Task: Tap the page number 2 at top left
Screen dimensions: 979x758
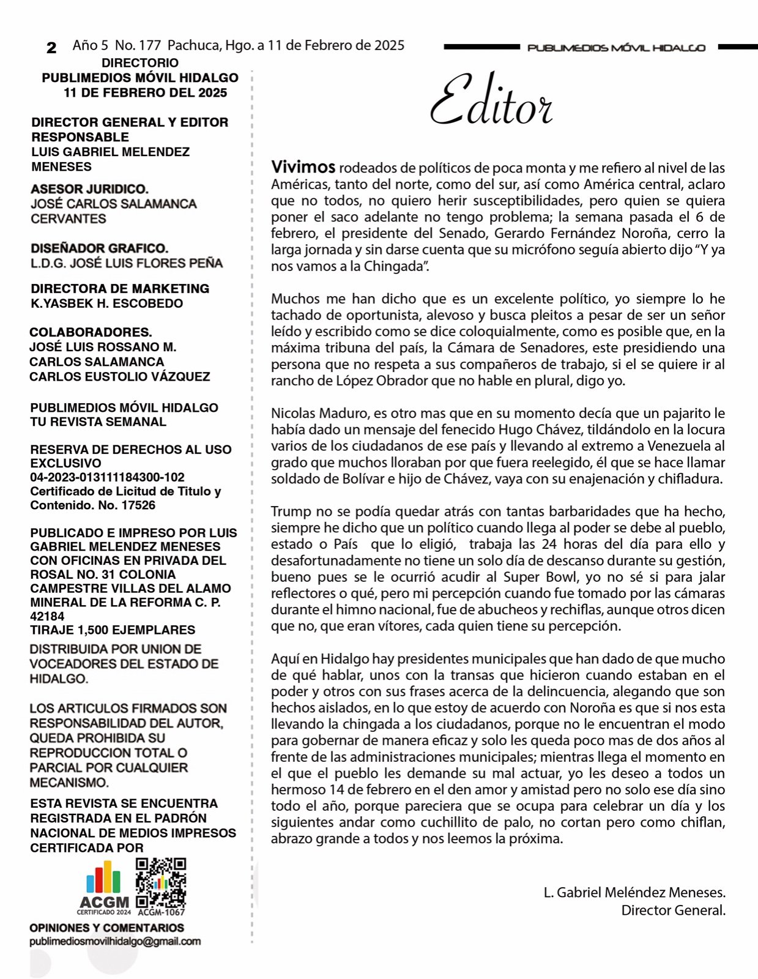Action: tap(51, 48)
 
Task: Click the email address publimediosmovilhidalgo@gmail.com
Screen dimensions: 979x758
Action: tap(115, 942)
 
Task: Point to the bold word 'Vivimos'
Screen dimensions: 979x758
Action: tap(303, 167)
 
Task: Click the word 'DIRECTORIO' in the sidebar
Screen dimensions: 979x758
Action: tap(140, 63)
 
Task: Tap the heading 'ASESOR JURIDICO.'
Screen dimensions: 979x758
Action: tap(89, 189)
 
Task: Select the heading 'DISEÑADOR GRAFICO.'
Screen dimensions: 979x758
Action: tap(100, 248)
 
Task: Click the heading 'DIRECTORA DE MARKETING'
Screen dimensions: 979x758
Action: tap(120, 289)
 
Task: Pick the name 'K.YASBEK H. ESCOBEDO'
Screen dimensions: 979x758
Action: tap(107, 303)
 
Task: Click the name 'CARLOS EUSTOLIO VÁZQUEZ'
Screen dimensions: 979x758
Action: tap(119, 377)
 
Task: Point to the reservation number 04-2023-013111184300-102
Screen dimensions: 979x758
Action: tap(107, 477)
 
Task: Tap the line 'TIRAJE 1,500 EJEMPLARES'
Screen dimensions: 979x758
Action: tap(113, 630)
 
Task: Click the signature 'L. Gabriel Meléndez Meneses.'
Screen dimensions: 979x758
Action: tap(634, 893)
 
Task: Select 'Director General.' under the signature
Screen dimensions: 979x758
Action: tap(673, 910)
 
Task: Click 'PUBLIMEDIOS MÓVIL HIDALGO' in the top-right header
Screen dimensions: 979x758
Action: tap(616, 48)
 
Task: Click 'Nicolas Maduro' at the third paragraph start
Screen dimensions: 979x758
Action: tap(312, 413)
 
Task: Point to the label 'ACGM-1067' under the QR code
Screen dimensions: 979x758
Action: tap(161, 912)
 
